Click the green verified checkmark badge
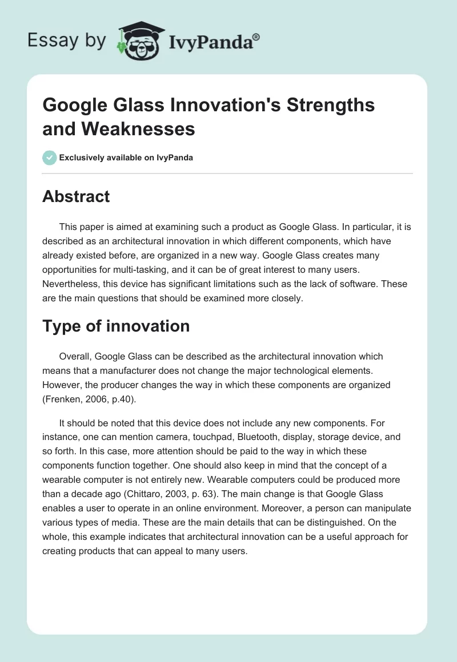[x=50, y=158]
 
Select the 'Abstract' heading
[x=76, y=197]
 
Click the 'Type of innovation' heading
[x=116, y=326]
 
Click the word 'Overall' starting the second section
[x=74, y=356]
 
